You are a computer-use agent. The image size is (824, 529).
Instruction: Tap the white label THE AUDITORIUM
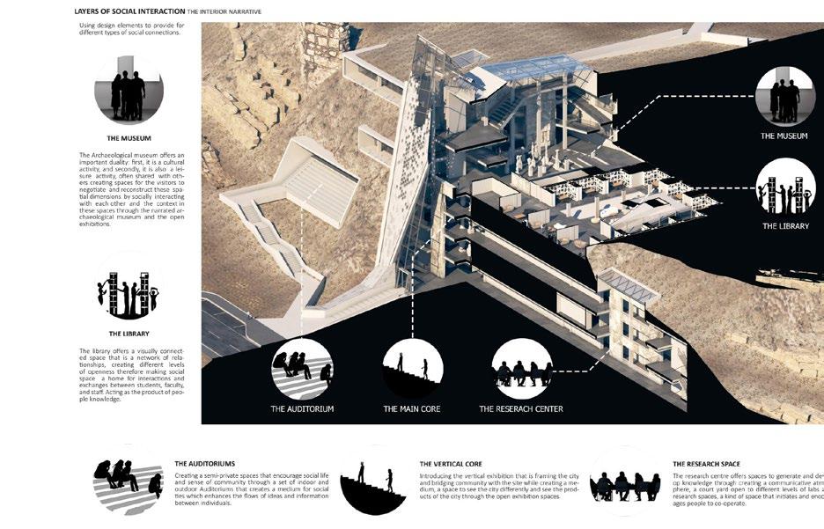pos(302,409)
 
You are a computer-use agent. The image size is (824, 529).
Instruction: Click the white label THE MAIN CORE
pos(412,409)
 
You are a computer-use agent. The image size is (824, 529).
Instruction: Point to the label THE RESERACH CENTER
pos(521,409)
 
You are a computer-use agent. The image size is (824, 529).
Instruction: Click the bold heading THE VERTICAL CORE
pos(450,464)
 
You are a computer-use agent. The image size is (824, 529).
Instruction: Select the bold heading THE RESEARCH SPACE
pos(706,464)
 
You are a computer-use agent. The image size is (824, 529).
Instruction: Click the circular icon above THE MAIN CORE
pos(412,368)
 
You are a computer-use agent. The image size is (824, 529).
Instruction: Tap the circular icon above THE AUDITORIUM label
pos(302,368)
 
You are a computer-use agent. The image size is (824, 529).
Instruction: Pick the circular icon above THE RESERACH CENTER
pos(521,368)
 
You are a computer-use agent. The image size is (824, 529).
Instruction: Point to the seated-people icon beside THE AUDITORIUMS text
pos(129,482)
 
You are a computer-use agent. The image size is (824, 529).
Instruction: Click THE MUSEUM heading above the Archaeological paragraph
pos(129,138)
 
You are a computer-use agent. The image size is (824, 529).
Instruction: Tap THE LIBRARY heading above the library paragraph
pos(129,334)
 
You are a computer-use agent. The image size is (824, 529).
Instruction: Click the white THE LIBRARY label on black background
pos(784,226)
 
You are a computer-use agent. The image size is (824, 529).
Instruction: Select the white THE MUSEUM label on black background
pos(784,136)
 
